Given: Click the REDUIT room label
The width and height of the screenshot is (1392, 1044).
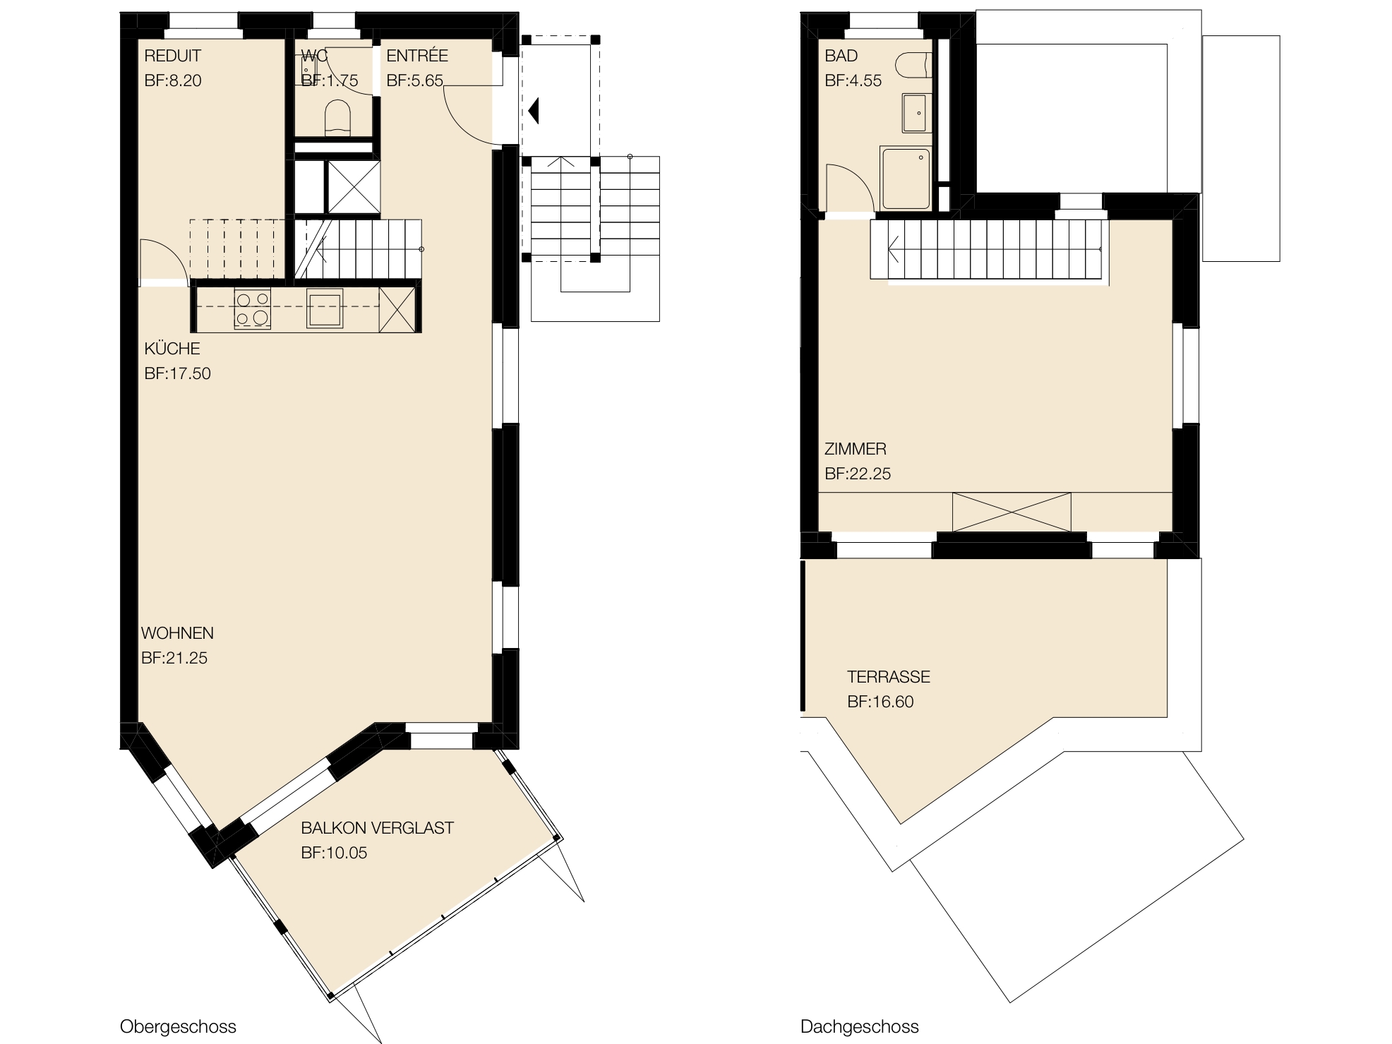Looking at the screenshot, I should tap(172, 56).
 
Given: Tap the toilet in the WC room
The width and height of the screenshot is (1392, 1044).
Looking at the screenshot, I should tap(337, 117).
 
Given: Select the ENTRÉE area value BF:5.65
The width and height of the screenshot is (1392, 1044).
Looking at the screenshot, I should tap(414, 80).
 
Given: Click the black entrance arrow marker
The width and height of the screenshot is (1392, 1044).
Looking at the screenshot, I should tap(534, 109).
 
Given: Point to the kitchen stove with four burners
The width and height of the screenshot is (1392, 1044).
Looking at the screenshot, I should tap(252, 309).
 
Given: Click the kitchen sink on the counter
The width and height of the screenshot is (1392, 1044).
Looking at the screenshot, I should tap(325, 309).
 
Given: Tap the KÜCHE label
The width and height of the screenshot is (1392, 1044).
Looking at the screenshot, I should tap(172, 349).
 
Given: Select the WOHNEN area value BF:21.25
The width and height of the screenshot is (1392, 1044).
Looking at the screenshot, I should tap(174, 658).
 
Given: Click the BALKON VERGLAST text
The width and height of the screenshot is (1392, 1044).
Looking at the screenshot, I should tap(377, 828).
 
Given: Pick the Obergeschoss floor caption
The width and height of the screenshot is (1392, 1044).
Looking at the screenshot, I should tap(178, 1026).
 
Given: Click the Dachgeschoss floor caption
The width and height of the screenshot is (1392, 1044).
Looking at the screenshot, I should tap(859, 1026).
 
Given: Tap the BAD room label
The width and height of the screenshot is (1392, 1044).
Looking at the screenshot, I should tap(841, 56).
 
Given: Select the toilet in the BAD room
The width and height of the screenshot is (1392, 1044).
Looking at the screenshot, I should tap(911, 66).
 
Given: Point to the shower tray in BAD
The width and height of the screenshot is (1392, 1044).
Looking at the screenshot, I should tap(905, 177).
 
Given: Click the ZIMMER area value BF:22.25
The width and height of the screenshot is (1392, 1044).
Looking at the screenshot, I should tap(858, 474).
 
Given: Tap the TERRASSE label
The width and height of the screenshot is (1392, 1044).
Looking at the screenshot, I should tap(888, 677).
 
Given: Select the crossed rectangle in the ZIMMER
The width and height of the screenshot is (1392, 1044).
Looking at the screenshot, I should tap(1011, 512).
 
